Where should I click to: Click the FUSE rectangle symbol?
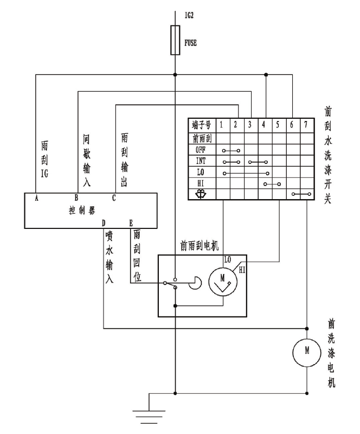175,40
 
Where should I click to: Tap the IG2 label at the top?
189,16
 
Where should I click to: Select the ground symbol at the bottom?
149,417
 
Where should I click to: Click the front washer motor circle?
307,352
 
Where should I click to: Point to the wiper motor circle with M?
223,282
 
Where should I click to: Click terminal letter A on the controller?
36,198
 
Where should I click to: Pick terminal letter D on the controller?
104,223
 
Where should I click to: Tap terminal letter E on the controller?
131,223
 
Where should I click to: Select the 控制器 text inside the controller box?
82,210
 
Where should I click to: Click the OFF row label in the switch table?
201,150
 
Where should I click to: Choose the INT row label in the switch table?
201,161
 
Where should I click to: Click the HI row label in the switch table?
201,183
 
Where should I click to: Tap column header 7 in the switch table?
306,125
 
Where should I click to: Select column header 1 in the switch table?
221,125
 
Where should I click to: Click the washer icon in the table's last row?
201,194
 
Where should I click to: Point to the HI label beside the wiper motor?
242,270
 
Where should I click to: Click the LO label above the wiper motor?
228,260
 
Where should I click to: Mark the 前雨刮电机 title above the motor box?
200,246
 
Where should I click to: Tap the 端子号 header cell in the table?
202,125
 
